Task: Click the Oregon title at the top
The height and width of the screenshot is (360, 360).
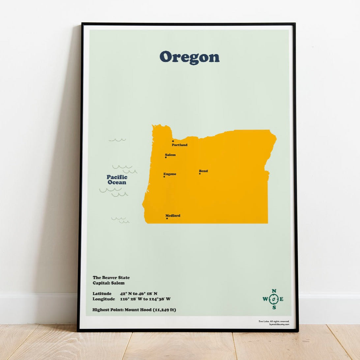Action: tap(190, 57)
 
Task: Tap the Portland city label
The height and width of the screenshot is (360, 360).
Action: tap(180, 145)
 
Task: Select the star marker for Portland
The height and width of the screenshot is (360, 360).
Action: tap(173, 141)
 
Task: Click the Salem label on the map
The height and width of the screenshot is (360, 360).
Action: tap(170, 155)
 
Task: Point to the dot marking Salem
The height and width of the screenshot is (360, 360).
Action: tap(165, 158)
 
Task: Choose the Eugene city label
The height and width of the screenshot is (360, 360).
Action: tap(170, 174)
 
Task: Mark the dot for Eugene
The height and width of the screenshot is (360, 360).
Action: tap(164, 177)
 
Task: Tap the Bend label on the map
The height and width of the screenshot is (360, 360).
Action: tap(203, 171)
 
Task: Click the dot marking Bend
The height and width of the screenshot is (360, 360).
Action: tap(199, 174)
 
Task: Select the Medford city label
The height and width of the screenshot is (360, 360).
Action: tap(173, 216)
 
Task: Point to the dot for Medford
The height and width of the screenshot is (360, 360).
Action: tap(167, 218)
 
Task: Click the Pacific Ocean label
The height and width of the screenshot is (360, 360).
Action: tap(117, 180)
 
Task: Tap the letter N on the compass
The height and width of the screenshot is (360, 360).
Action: tap(274, 291)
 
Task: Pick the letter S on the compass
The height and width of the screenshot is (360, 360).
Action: tap(274, 308)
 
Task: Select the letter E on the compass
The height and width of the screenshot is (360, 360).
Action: tap(282, 299)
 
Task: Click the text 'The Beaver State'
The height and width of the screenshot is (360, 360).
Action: tap(111, 278)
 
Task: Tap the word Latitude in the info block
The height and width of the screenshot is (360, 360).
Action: tap(102, 293)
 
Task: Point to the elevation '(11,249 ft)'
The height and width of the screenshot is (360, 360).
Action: tap(165, 310)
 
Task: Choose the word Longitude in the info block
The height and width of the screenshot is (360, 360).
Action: tap(104, 299)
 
